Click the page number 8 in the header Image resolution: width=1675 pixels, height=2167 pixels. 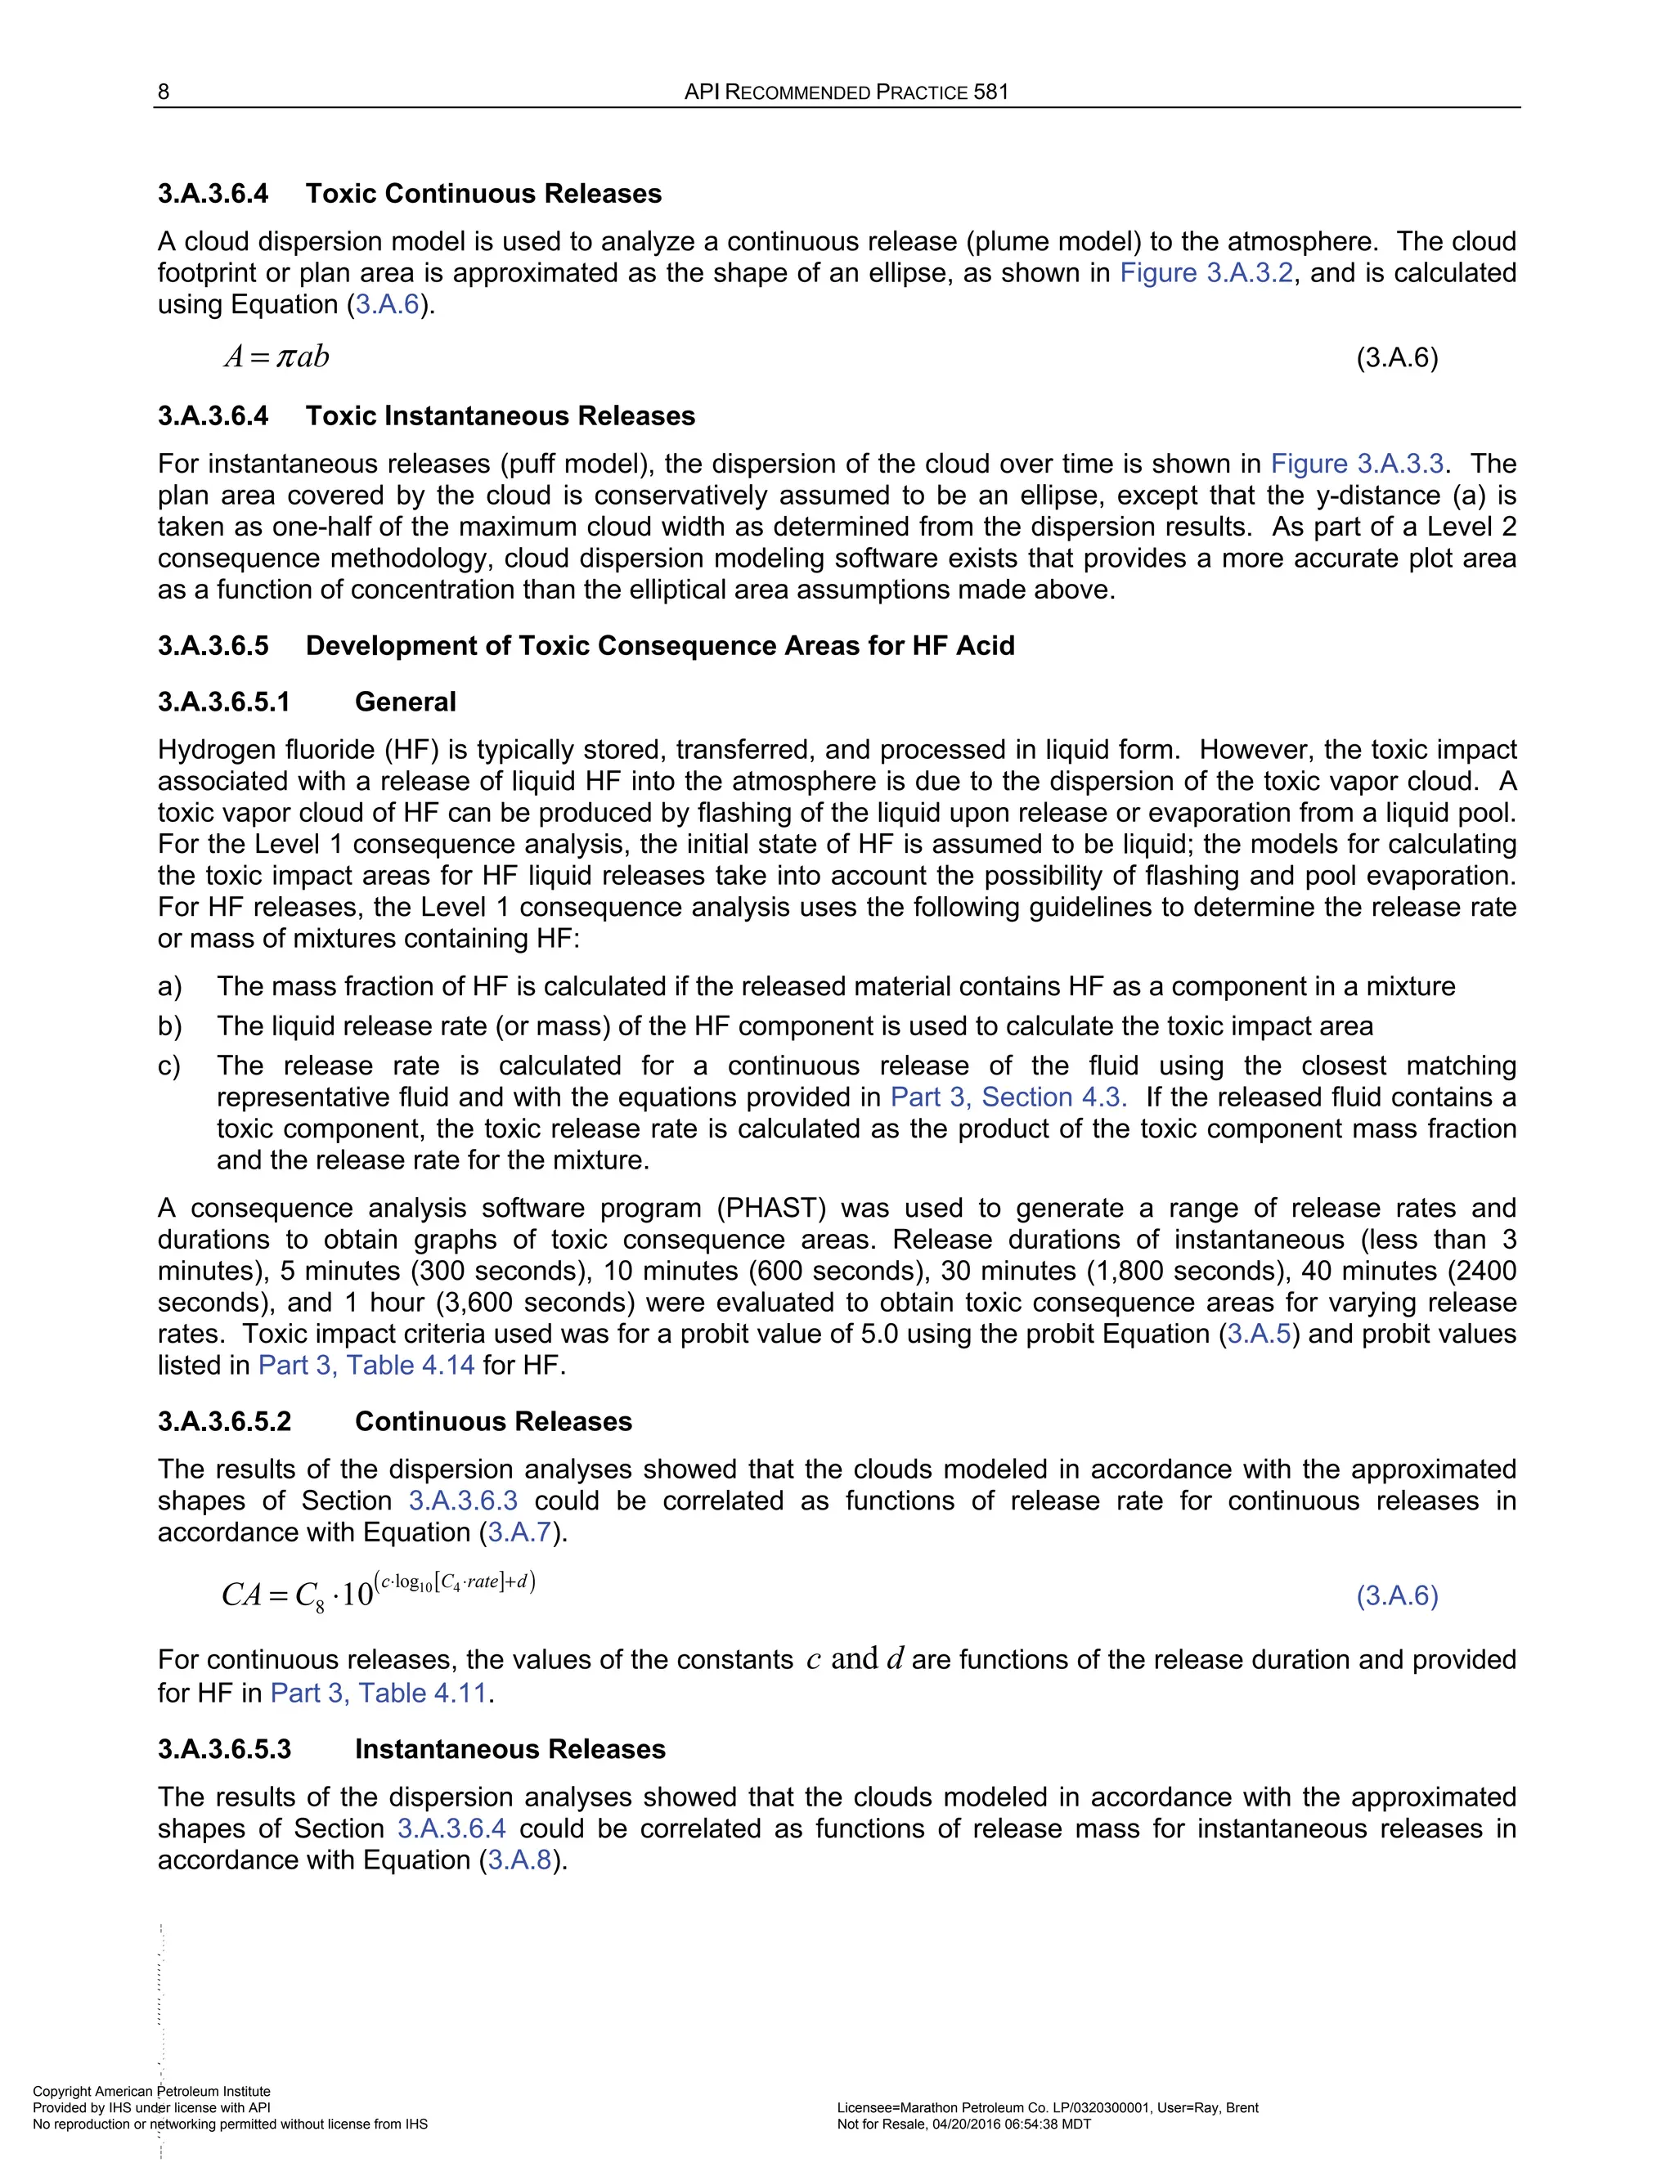pyautogui.click(x=164, y=92)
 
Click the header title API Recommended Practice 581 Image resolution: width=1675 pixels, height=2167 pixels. pyautogui.click(x=846, y=92)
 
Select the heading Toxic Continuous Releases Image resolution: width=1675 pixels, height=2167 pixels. pyautogui.click(x=483, y=194)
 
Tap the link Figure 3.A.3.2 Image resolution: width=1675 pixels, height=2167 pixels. pyautogui.click(x=1206, y=273)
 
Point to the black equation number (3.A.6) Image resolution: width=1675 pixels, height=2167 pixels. pyautogui.click(x=1396, y=358)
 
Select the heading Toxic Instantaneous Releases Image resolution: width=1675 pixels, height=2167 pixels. pyautogui.click(x=499, y=415)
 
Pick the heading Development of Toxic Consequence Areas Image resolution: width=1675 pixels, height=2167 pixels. pyautogui.click(x=659, y=646)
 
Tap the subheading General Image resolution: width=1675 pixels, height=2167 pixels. pyautogui.click(x=405, y=702)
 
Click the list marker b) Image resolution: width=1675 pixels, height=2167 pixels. pyautogui.click(x=169, y=1026)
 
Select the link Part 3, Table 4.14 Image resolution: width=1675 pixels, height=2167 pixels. pyautogui.click(x=366, y=1366)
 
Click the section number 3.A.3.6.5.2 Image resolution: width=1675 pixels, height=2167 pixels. pyautogui.click(x=224, y=1422)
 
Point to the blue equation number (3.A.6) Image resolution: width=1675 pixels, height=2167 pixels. pyautogui.click(x=1396, y=1595)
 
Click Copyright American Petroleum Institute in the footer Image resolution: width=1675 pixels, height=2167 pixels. pyautogui.click(x=150, y=2092)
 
